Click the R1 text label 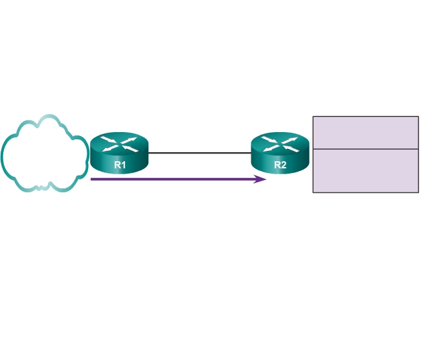tap(120, 164)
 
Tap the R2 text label tap(280, 164)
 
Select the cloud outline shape tap(44, 153)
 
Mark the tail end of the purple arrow tap(92, 179)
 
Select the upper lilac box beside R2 tap(365, 133)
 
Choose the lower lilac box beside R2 tap(365, 171)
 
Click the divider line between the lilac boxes tap(365, 150)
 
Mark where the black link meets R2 tap(251, 153)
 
